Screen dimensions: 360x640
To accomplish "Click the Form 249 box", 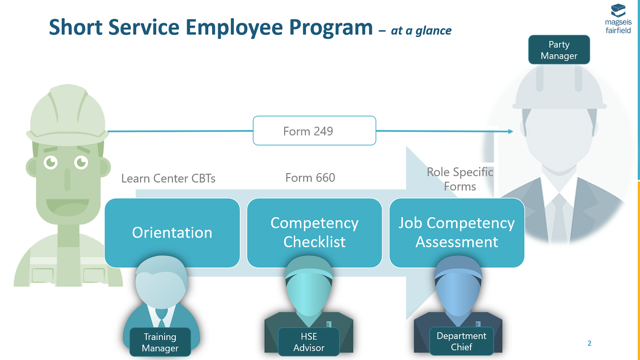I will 314,130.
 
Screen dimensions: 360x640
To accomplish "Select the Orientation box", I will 172,233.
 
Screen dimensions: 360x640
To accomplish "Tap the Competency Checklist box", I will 314,233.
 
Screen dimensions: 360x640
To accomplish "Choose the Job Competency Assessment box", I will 456,233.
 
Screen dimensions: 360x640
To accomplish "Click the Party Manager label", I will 559,50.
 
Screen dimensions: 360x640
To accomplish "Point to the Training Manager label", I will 160,342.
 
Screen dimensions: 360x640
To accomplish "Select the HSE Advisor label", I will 309,342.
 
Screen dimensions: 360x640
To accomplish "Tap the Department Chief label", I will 461,341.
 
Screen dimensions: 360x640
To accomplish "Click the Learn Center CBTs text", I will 168,178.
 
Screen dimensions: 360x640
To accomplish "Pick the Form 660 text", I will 310,178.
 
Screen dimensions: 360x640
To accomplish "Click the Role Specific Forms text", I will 460,179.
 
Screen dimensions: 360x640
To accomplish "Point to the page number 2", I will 589,343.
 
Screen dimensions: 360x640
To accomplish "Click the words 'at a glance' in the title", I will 421,30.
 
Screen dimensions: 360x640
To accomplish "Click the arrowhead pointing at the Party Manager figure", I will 510,131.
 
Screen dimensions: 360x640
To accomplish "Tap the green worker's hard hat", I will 67,111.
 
